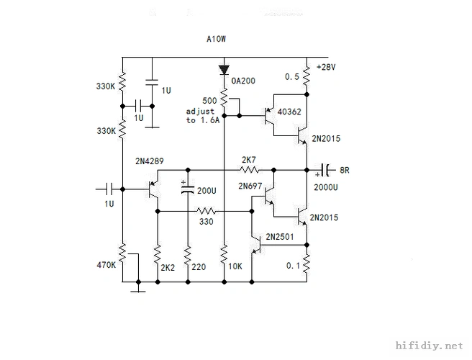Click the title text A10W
tap(217, 39)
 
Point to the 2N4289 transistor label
tap(150, 162)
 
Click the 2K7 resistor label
tap(249, 160)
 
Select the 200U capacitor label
tap(206, 191)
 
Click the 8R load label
tap(345, 171)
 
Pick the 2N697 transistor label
tap(250, 186)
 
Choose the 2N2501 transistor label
tap(281, 236)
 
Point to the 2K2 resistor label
tap(167, 268)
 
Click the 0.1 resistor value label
tap(293, 266)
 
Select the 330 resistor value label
tap(206, 222)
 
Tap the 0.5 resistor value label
tap(293, 76)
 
